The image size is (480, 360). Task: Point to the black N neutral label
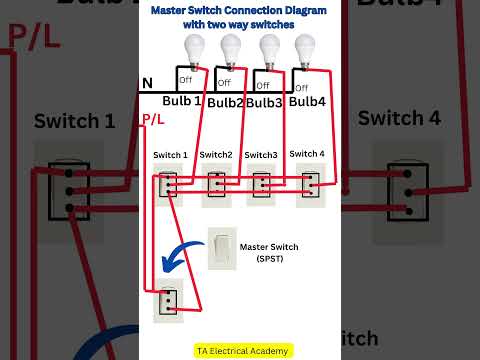(x=147, y=84)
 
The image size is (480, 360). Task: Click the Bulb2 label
(x=226, y=103)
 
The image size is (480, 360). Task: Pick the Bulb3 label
(x=264, y=103)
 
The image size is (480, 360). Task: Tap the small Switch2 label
(x=216, y=155)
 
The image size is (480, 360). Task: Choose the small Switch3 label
(x=261, y=155)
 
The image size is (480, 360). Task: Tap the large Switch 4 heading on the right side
(x=399, y=118)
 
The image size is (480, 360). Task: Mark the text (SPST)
(x=277, y=259)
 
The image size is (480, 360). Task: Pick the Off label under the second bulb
(x=223, y=83)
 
